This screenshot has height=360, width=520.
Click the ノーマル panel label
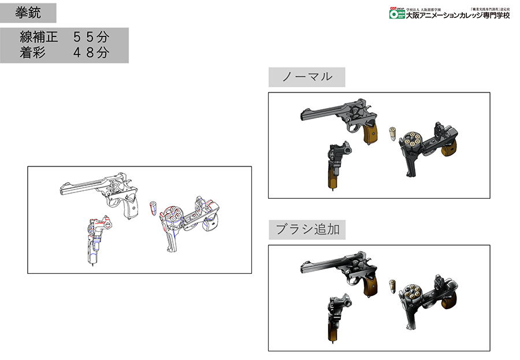coord(306,77)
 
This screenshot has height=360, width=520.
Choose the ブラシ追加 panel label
coord(306,230)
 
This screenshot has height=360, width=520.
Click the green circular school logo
coord(396,16)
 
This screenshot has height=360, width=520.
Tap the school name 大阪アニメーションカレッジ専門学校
coord(458,16)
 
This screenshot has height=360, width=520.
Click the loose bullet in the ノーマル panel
coord(391,133)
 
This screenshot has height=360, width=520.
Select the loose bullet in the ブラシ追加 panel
coord(391,286)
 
